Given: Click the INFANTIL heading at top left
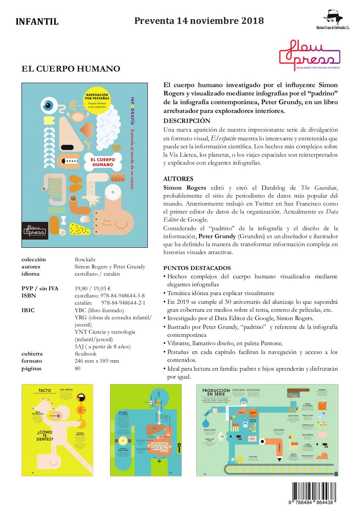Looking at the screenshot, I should (x=37, y=22).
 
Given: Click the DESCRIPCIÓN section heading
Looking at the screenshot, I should (x=187, y=121).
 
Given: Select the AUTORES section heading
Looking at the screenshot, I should (x=178, y=179).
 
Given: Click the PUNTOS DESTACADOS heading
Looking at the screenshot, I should (x=197, y=268).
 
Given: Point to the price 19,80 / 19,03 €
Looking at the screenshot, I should (x=93, y=289).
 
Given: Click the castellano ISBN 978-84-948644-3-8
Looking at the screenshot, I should (x=110, y=296).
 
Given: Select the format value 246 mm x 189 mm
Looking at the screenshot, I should (x=97, y=361).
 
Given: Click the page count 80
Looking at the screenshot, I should (x=77, y=368).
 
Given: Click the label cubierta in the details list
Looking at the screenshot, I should (x=32, y=354).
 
